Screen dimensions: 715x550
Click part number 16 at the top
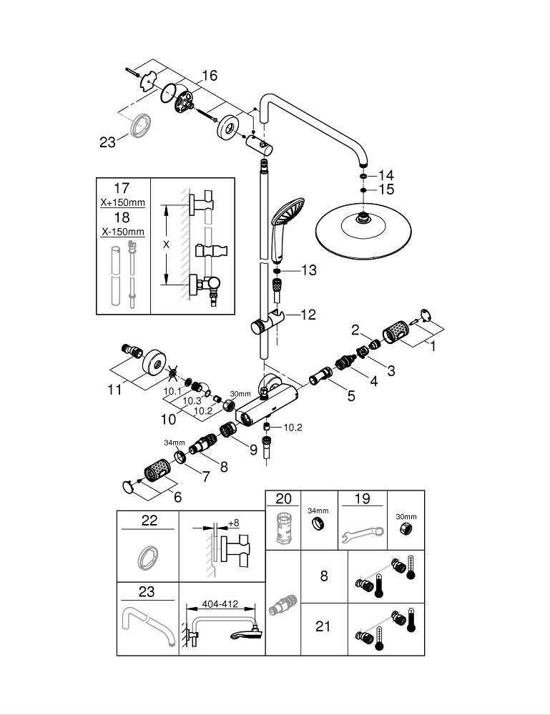(209, 75)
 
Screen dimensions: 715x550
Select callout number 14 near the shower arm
(386, 175)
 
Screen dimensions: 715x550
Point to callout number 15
(386, 189)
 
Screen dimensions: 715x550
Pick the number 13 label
(308, 270)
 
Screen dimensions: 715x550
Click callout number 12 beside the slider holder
(308, 314)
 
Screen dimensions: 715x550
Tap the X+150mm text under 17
(122, 202)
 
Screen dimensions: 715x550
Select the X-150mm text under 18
(122, 232)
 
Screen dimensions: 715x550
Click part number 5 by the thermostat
(350, 395)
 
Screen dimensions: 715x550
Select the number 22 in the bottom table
(149, 521)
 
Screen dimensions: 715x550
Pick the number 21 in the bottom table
(323, 626)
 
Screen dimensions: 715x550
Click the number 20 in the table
(284, 499)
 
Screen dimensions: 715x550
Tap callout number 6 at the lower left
(177, 496)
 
